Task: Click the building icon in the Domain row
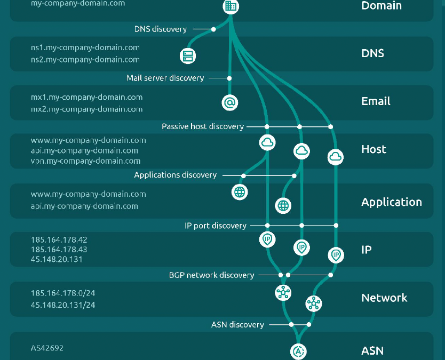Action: click(x=231, y=6)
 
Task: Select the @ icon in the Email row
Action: click(x=229, y=102)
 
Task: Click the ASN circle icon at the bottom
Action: click(x=298, y=351)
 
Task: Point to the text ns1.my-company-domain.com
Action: click(x=85, y=47)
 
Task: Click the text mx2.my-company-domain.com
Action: click(x=86, y=109)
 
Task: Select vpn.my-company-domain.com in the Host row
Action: click(x=85, y=161)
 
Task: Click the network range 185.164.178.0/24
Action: click(x=63, y=293)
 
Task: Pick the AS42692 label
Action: click(x=47, y=348)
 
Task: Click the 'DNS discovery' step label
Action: click(x=161, y=29)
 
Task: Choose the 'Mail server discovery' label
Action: click(x=165, y=78)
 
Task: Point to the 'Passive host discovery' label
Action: click(x=203, y=126)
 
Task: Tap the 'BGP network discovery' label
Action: click(x=211, y=275)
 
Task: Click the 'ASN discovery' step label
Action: click(x=238, y=324)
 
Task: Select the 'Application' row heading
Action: click(x=391, y=202)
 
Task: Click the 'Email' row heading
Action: click(x=376, y=101)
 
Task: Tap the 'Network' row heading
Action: click(x=384, y=298)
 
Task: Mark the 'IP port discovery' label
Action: click(x=216, y=226)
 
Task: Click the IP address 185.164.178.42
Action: click(x=59, y=239)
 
